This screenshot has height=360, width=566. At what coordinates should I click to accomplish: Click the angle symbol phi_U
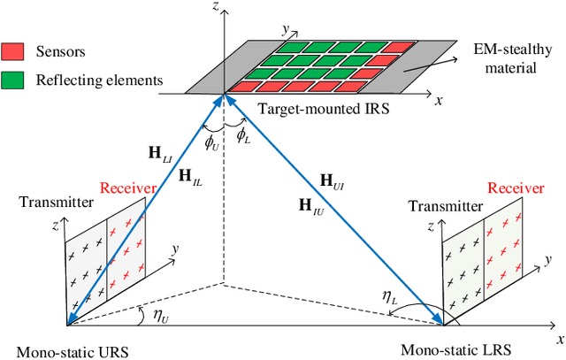pyautogui.click(x=210, y=142)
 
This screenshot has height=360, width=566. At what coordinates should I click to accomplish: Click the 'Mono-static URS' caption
pyautogui.click(x=65, y=351)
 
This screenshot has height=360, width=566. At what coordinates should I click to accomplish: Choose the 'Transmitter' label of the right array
pyautogui.click(x=442, y=206)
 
